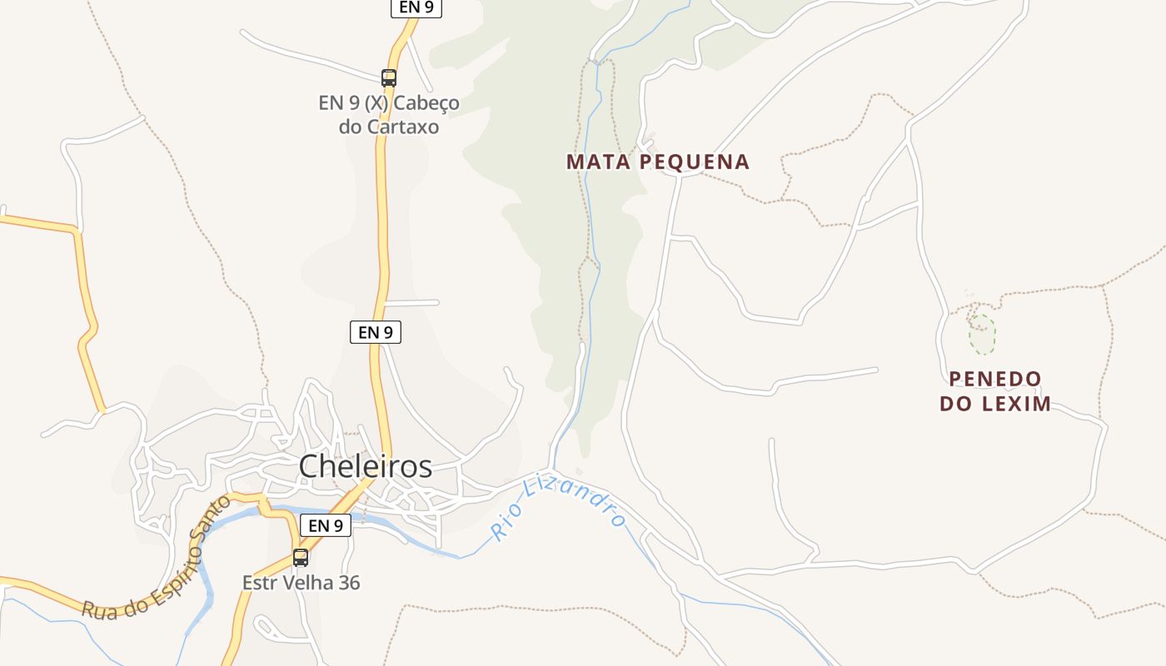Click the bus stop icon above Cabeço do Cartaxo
(x=389, y=78)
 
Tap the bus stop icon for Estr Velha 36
(x=301, y=558)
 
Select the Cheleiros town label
(x=366, y=466)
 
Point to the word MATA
(x=599, y=162)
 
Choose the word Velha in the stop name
(x=310, y=583)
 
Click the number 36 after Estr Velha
(x=350, y=583)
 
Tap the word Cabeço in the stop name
(x=426, y=103)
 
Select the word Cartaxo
(x=403, y=127)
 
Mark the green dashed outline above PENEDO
(x=982, y=333)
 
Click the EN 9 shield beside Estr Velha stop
(x=326, y=525)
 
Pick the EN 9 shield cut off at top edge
(x=416, y=7)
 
